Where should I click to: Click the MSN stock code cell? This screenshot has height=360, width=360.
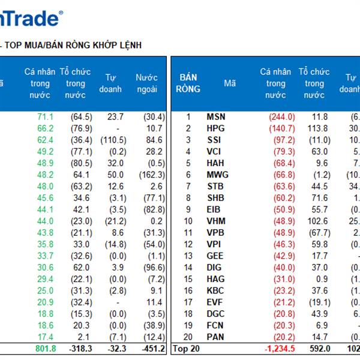216,117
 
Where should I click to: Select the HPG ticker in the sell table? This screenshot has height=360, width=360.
216,128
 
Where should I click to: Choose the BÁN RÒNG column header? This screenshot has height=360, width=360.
188,83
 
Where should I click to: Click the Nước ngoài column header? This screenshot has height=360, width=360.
146,83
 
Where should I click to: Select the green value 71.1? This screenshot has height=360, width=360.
46,117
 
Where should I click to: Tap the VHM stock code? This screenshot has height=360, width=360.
216,221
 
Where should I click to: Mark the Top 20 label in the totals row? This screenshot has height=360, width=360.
185,348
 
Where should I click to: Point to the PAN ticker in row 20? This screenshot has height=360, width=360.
216,337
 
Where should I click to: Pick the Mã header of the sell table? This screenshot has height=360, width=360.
230,83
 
